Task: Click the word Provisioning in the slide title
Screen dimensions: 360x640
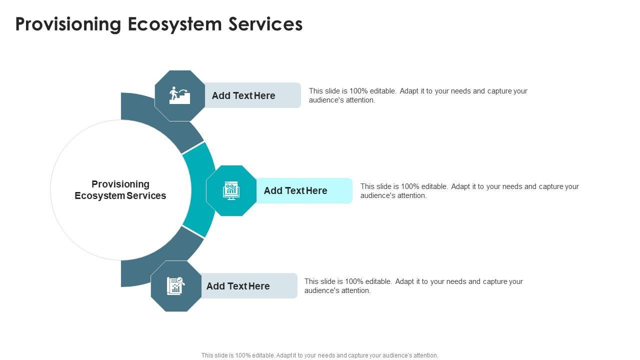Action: click(68, 24)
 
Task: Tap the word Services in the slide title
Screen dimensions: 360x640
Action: click(265, 24)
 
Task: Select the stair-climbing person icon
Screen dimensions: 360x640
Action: click(179, 95)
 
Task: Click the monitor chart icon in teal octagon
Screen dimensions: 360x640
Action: click(231, 190)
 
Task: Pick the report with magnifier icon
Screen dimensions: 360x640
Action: click(175, 286)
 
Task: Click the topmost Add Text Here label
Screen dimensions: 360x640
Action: click(243, 95)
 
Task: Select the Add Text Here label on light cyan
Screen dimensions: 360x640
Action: click(295, 190)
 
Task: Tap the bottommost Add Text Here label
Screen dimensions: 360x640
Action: click(238, 286)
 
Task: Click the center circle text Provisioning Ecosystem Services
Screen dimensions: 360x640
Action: click(120, 190)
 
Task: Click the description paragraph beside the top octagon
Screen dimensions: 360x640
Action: click(418, 95)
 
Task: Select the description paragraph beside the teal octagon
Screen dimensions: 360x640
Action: click(469, 191)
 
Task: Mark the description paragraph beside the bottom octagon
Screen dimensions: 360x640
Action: click(413, 286)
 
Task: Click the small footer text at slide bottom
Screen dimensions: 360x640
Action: click(319, 355)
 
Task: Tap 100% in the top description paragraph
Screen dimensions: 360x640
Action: click(358, 91)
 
